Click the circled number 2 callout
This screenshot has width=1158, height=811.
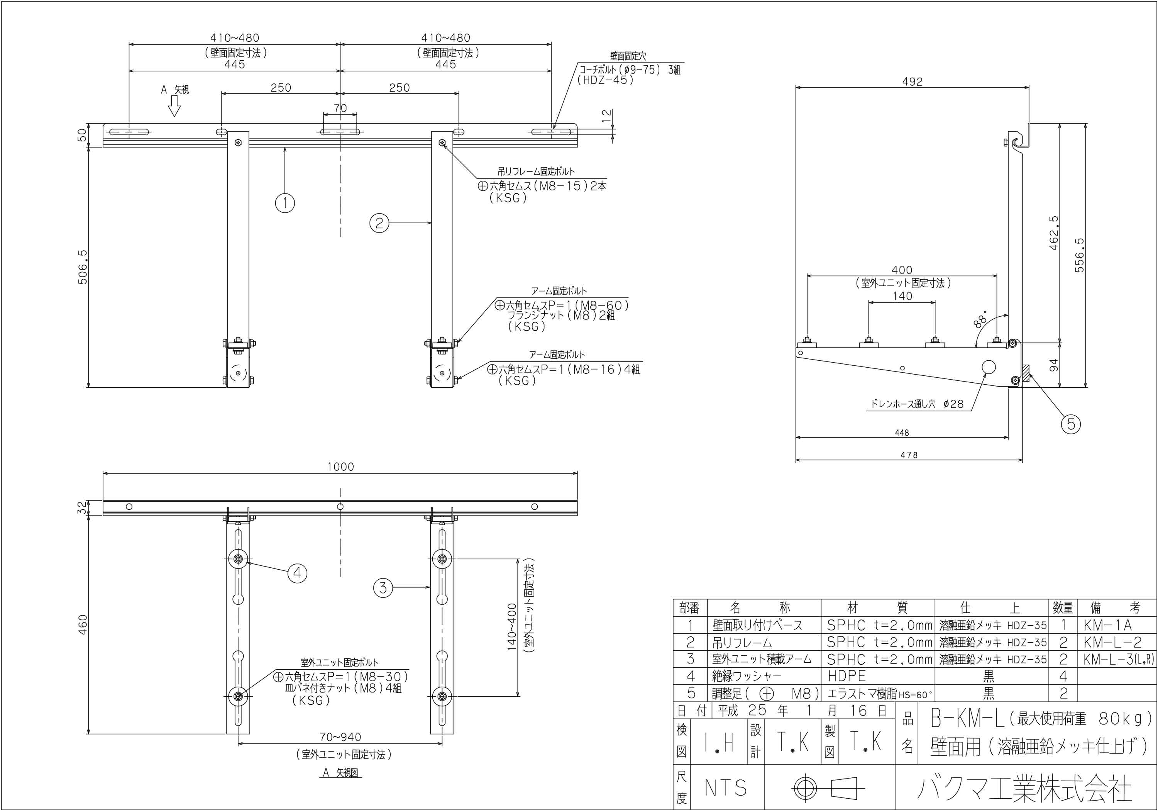click(380, 222)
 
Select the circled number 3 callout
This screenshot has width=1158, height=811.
click(383, 587)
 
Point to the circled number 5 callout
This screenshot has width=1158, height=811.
click(1071, 424)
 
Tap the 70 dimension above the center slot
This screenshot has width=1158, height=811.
click(340, 108)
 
